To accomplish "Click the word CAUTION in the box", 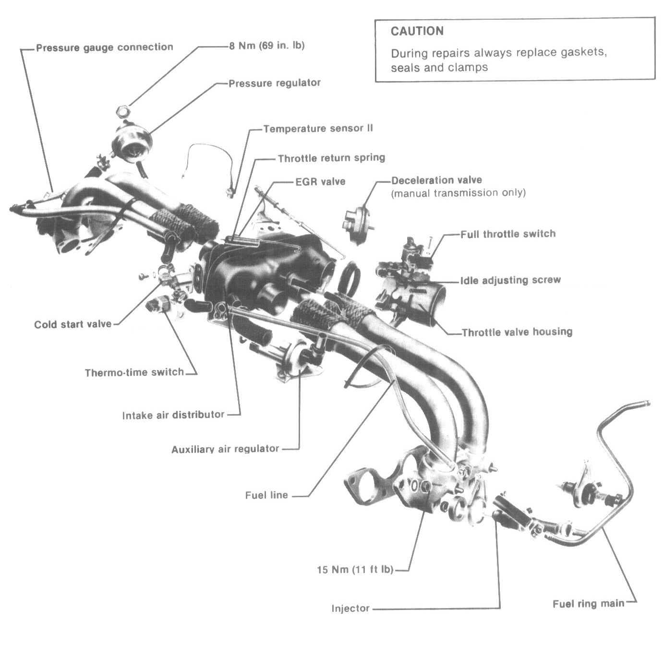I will click(417, 32).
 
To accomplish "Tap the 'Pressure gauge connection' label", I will click(104, 48).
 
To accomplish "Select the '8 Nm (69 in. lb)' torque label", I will click(266, 46).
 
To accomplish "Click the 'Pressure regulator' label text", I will click(274, 83).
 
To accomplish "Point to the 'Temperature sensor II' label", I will click(318, 129).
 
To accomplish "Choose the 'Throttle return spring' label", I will click(331, 157).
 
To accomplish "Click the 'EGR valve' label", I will click(320, 182).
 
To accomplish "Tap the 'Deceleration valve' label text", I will click(436, 180).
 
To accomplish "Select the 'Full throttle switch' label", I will click(507, 234).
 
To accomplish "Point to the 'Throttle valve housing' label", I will click(517, 332).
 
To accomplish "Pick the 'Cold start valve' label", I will click(72, 324).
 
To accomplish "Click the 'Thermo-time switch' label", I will click(134, 372).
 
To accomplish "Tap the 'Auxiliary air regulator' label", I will click(225, 449).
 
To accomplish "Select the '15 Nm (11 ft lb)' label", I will click(355, 570).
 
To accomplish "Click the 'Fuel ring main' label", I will click(588, 604).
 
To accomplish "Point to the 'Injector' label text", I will click(350, 609).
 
